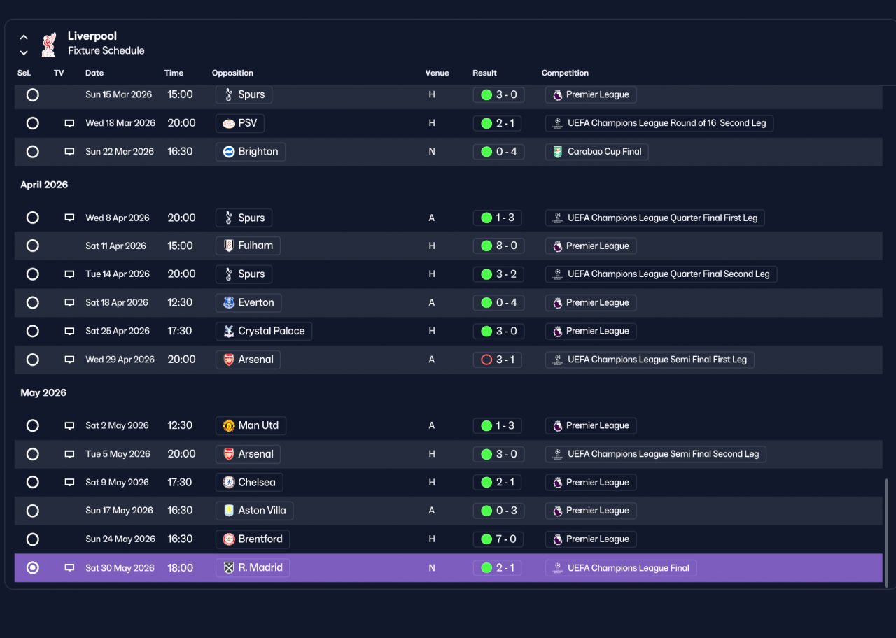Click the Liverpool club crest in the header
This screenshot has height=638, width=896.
pos(49,44)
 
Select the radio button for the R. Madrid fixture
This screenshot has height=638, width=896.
pos(32,567)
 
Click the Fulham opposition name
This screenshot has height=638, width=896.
pos(255,246)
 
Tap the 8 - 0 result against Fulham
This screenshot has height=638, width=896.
pos(498,246)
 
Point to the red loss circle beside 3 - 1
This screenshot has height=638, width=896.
pos(486,360)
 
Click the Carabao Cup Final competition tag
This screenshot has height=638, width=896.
pos(596,152)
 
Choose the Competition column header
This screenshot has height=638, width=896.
pos(565,73)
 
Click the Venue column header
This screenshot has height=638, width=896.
pos(437,73)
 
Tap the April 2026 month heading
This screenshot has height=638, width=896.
pos(44,185)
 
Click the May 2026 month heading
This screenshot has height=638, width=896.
pos(43,392)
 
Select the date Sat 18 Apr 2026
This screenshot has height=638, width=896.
pos(117,303)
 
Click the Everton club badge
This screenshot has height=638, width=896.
pos(229,303)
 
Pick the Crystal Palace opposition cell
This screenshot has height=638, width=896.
pos(264,331)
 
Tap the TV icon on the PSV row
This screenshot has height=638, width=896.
pos(69,123)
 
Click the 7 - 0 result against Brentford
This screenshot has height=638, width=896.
pos(498,539)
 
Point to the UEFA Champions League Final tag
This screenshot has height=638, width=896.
pos(621,567)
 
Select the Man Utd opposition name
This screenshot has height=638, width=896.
pos(258,425)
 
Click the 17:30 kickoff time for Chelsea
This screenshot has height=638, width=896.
pos(180,482)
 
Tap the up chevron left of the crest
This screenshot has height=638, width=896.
pos(24,38)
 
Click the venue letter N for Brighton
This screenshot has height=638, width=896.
pos(432,152)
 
